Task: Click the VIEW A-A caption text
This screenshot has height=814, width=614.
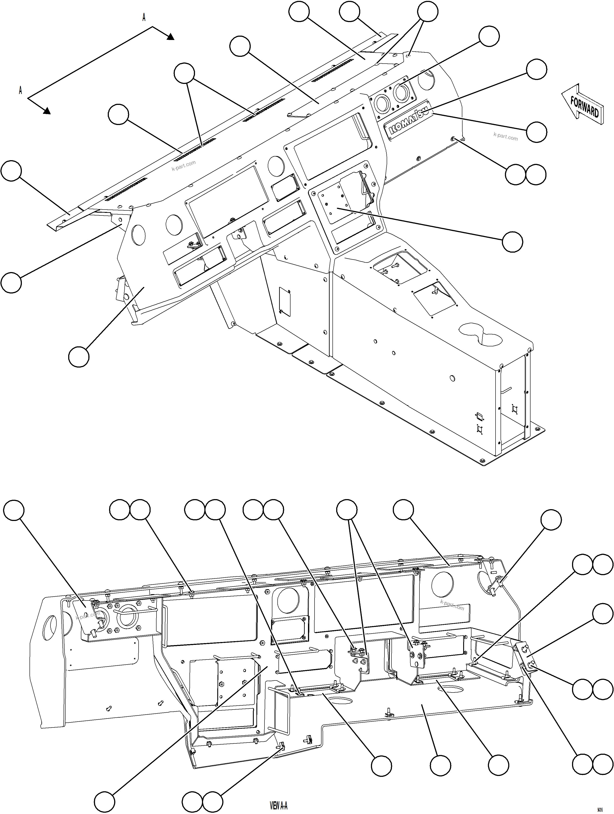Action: pyautogui.click(x=279, y=806)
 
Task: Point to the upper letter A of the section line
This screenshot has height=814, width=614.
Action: pyautogui.click(x=144, y=18)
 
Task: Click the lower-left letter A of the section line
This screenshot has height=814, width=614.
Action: pyautogui.click(x=21, y=90)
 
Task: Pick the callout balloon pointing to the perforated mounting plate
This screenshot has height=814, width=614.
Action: pyautogui.click(x=512, y=242)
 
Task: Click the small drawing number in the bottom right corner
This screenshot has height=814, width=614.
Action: pyautogui.click(x=600, y=810)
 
